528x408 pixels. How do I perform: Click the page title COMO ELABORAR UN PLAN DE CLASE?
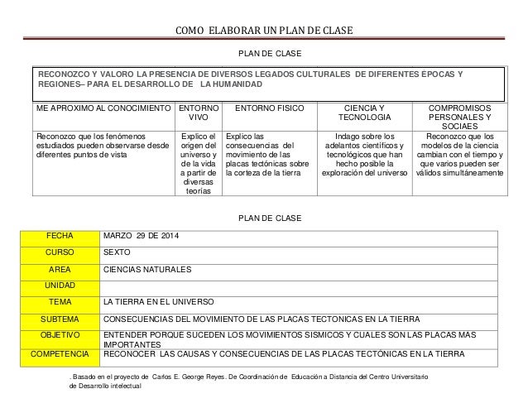coord(264,31)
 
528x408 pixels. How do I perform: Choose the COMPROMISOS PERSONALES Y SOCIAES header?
coord(457,119)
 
